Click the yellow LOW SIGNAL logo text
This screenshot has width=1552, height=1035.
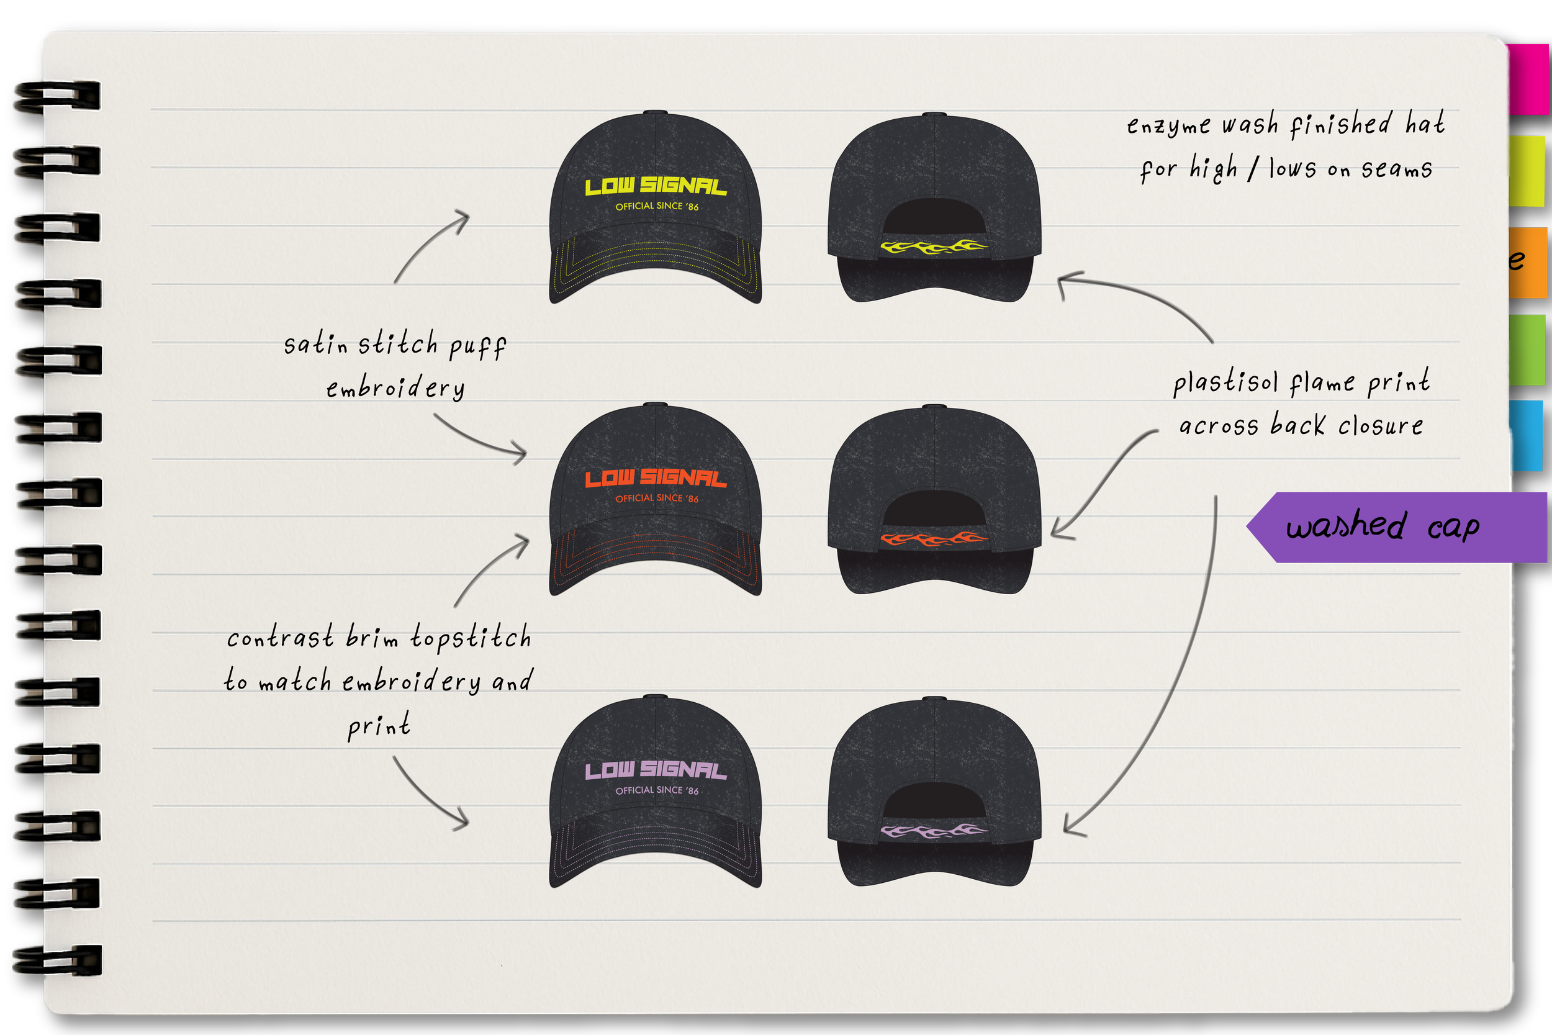tap(656, 186)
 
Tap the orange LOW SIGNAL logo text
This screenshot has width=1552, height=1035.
tap(656, 478)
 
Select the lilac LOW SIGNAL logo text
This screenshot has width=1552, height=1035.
tap(656, 770)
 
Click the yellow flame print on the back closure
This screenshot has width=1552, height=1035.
tap(934, 248)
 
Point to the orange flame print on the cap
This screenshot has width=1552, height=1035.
tap(934, 540)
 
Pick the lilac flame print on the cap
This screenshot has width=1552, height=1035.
tap(934, 831)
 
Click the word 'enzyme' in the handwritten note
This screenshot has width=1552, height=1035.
tap(1168, 125)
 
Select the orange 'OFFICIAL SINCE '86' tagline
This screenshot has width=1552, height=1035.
tap(657, 499)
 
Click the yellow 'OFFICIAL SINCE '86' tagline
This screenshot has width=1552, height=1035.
tap(657, 207)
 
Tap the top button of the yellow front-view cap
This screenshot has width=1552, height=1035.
tap(654, 113)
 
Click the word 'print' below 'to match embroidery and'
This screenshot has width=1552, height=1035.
tap(379, 726)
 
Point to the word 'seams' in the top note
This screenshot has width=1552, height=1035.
tap(1396, 169)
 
